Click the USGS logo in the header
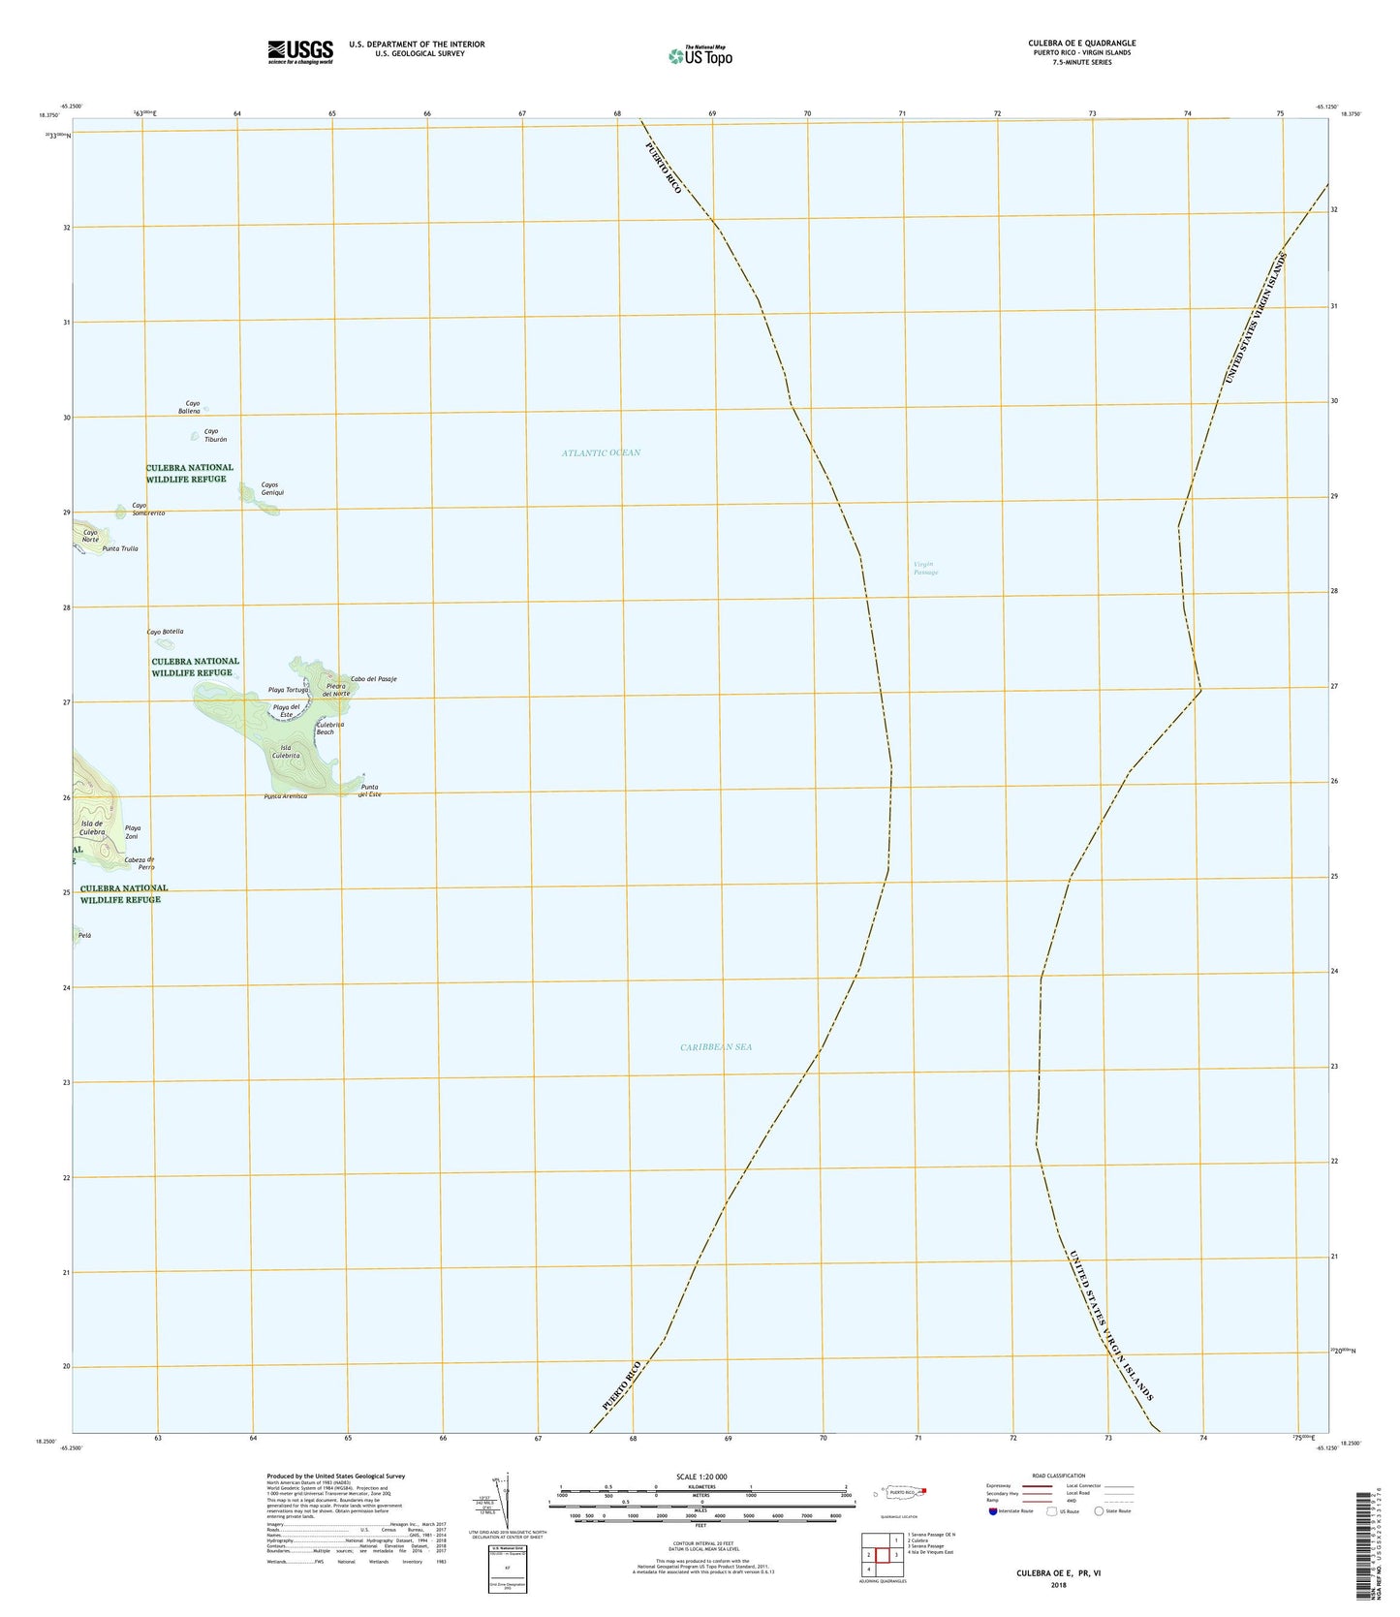point(300,51)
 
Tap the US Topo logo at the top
point(700,56)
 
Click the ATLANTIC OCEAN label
point(601,452)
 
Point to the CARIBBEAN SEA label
point(716,1046)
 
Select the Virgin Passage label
point(925,568)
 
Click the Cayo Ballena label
point(189,407)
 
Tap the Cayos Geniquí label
point(272,488)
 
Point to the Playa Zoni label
point(133,832)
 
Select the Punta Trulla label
point(120,548)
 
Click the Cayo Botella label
point(165,632)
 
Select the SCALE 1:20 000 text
point(701,1477)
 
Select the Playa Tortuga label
point(288,690)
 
